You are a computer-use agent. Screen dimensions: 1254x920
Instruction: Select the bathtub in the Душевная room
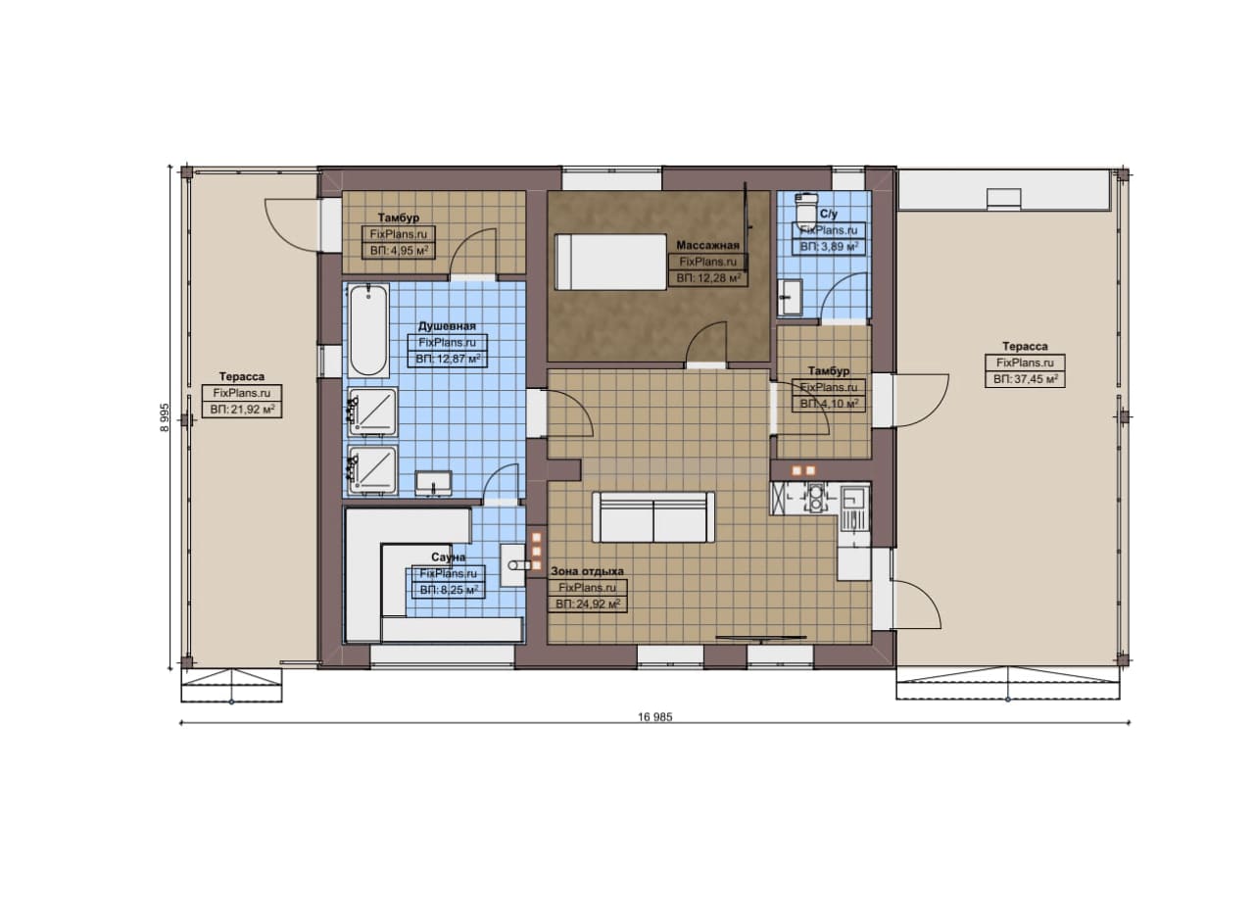pyautogui.click(x=368, y=330)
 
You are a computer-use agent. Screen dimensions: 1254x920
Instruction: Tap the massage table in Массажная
pyautogui.click(x=610, y=262)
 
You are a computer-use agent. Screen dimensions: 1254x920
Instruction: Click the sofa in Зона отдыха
pyautogui.click(x=653, y=517)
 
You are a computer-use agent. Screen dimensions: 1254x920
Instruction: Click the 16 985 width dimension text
pyautogui.click(x=655, y=717)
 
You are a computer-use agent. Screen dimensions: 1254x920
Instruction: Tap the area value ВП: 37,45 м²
pyautogui.click(x=1025, y=379)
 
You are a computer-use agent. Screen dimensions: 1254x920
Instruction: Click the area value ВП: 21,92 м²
pyautogui.click(x=242, y=410)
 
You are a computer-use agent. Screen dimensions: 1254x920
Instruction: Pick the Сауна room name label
pyautogui.click(x=448, y=557)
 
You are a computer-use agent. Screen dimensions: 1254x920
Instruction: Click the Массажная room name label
pyautogui.click(x=707, y=245)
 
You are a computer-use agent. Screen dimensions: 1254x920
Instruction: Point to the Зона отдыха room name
pyautogui.click(x=587, y=571)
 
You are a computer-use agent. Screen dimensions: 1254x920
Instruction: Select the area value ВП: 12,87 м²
pyautogui.click(x=448, y=359)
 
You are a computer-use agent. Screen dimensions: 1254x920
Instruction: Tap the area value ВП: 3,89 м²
pyautogui.click(x=829, y=246)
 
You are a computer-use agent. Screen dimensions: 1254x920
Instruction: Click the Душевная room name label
pyautogui.click(x=447, y=326)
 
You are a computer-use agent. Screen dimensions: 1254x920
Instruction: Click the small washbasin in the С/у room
pyautogui.click(x=790, y=297)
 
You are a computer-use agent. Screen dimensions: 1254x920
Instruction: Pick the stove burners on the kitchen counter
pyautogui.click(x=815, y=499)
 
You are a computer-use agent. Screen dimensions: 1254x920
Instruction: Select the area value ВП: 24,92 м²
pyautogui.click(x=587, y=605)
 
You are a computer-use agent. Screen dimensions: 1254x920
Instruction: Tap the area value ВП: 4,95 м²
pyautogui.click(x=399, y=250)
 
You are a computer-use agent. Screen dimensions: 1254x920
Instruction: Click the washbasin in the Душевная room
pyautogui.click(x=433, y=483)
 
